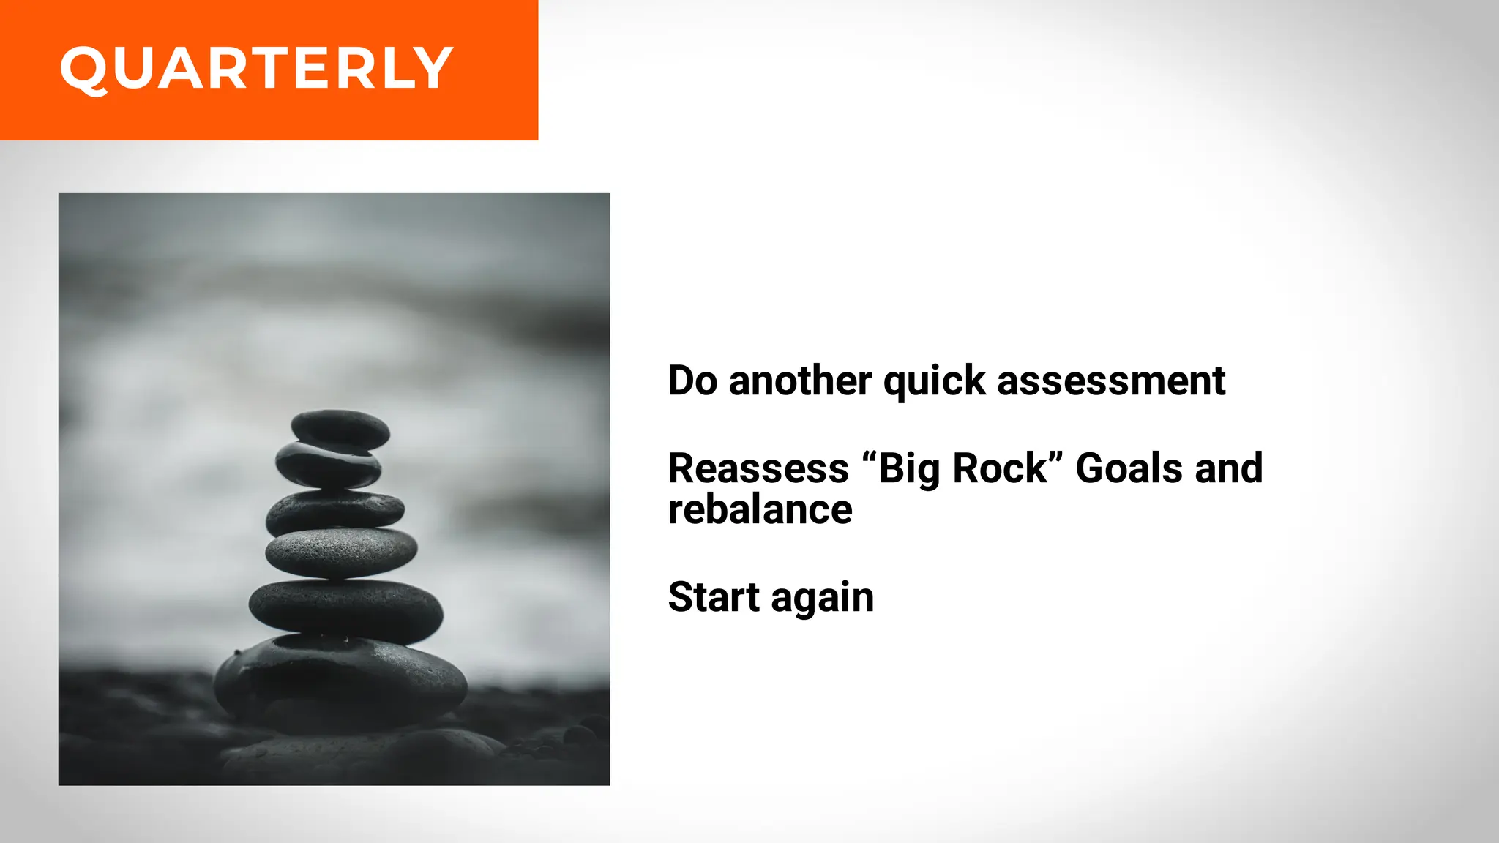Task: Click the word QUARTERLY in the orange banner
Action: click(x=256, y=69)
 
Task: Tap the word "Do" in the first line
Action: click(x=692, y=381)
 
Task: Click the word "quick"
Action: click(x=935, y=382)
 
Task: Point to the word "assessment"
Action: click(x=1110, y=382)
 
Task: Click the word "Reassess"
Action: click(x=758, y=468)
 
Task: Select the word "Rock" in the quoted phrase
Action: click(x=1000, y=468)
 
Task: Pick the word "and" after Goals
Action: click(x=1229, y=468)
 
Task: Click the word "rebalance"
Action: click(x=760, y=509)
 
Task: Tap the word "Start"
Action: click(x=713, y=597)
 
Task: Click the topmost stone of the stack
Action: click(x=340, y=428)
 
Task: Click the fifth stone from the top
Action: click(x=345, y=609)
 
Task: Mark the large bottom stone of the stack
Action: click(x=340, y=681)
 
